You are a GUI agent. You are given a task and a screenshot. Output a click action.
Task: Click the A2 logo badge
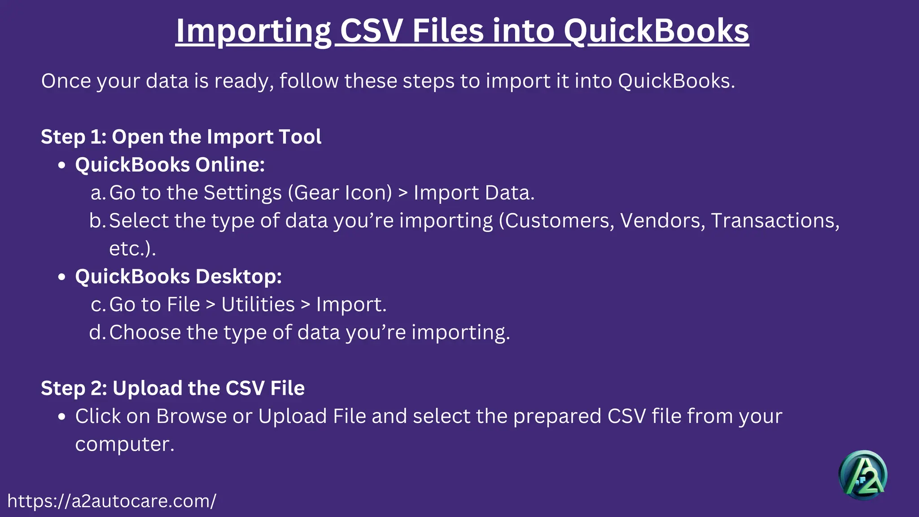point(862,475)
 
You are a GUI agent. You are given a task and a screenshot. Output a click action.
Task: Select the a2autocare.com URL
point(112,501)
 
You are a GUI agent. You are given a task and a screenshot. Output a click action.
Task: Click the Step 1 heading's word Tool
point(300,136)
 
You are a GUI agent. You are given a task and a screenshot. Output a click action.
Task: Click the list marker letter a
point(97,193)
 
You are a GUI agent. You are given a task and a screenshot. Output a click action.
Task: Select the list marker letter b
point(96,220)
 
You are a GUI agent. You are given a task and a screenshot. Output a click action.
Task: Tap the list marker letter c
point(97,305)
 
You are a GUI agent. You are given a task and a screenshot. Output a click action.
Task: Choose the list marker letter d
point(96,332)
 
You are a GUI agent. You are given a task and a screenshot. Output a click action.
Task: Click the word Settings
point(242,193)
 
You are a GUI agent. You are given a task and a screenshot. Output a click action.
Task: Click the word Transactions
point(775,220)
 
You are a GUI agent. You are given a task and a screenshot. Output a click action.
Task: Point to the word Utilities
point(258,305)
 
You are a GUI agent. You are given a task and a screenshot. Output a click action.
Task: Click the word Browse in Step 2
point(192,416)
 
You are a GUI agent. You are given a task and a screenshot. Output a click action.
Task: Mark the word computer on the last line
point(124,444)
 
